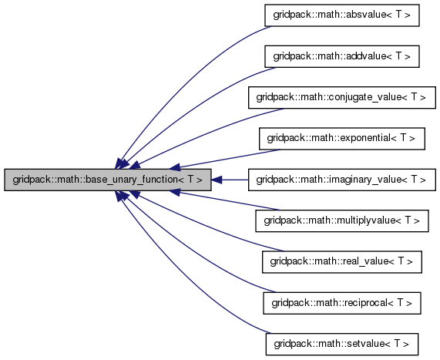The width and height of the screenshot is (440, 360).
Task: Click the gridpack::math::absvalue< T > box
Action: (342, 15)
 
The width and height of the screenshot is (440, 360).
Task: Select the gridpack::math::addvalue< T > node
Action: (342, 56)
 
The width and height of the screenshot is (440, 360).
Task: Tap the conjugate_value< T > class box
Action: (342, 97)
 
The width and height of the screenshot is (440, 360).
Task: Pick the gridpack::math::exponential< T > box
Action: (342, 139)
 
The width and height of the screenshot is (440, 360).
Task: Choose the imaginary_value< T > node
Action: (342, 180)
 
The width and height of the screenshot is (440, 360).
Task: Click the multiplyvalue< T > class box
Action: (342, 221)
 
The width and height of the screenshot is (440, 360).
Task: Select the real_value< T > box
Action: (342, 262)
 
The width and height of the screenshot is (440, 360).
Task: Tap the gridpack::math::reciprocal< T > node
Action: (342, 303)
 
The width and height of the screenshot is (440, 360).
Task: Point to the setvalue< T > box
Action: (342, 345)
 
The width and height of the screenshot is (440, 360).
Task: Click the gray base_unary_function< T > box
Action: (107, 180)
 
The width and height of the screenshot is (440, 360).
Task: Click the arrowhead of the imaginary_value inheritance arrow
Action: (216, 180)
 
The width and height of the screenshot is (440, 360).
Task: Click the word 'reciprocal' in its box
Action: (366, 303)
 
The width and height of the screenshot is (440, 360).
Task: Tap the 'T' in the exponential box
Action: (403, 138)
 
